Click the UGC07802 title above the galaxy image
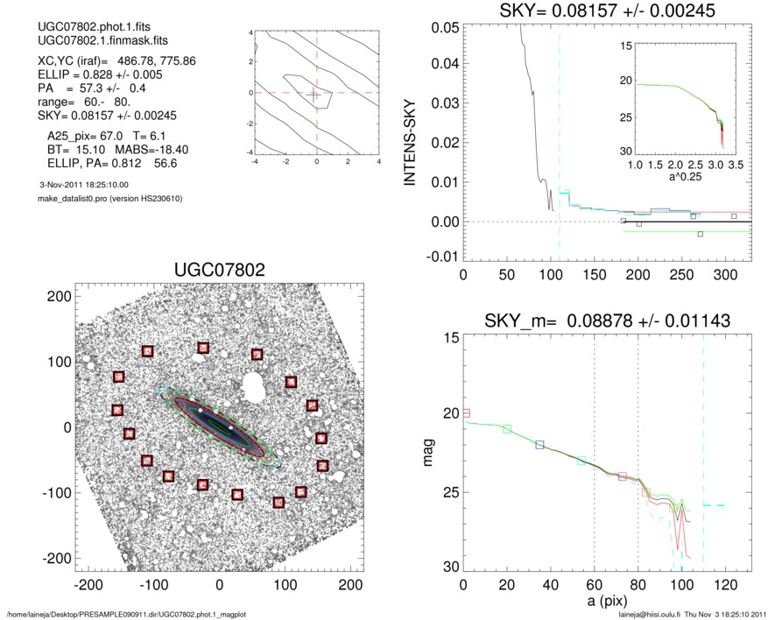pos(218,271)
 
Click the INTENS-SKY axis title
pos(409,138)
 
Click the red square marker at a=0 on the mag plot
pos(466,412)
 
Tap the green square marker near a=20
pos(507,429)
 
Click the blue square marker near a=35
pos(539,445)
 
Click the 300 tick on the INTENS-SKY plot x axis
pos(724,275)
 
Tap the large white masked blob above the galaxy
pos(256,384)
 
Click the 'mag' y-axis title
pos(428,454)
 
